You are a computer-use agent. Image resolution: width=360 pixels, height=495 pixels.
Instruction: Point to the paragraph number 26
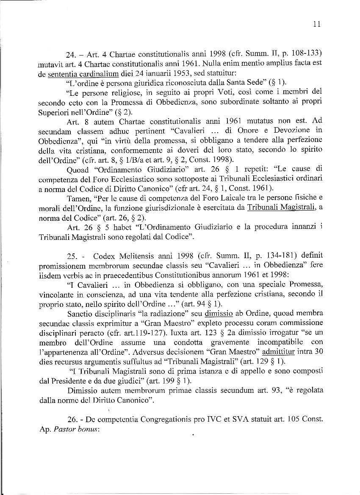click(x=72, y=420)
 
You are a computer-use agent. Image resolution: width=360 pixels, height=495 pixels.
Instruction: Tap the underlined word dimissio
click(x=219, y=314)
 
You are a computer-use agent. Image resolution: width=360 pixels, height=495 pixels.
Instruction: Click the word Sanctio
click(x=80, y=314)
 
